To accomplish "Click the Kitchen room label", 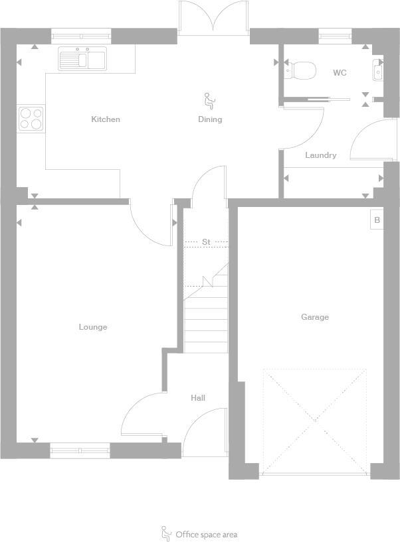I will coord(106,119).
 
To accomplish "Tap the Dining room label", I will coord(210,119).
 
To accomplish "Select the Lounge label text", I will coord(93,327).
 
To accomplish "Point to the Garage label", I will coord(315,317).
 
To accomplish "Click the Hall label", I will coord(198,398).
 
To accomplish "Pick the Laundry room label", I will coord(320,155).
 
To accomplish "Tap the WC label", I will coord(340,73).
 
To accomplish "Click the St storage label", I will coord(206,242).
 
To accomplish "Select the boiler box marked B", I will coord(377,220).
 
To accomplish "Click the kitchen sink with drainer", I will coord(82,59).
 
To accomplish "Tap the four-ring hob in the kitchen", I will coord(31,119).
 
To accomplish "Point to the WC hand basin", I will coord(377,70).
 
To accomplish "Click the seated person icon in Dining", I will coord(209,101).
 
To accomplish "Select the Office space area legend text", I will coord(206,534).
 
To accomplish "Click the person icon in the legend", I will coord(165,533).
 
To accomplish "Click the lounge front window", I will coord(80,450).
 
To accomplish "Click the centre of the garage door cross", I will coord(315,422).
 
